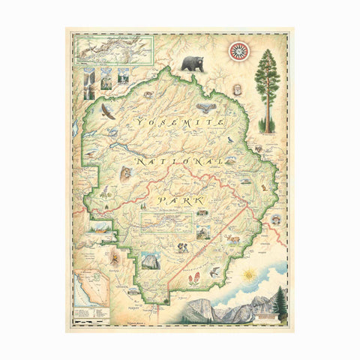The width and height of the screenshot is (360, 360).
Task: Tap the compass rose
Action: (x=238, y=52)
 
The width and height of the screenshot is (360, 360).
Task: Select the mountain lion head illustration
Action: (x=125, y=174)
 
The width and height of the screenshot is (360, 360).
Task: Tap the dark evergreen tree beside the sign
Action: (x=279, y=303)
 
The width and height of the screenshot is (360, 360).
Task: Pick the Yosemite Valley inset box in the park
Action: (x=166, y=221)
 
